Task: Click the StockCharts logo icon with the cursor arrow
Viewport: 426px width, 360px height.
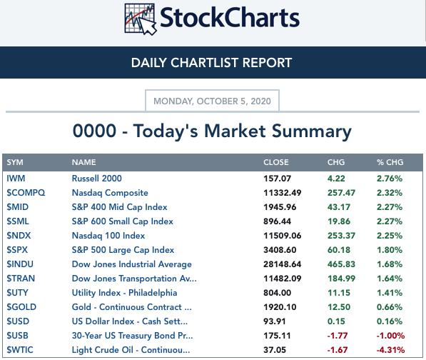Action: pyautogui.click(x=141, y=19)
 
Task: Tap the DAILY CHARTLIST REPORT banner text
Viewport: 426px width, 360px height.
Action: pyautogui.click(x=212, y=63)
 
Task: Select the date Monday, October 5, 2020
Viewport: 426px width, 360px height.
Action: pyautogui.click(x=212, y=101)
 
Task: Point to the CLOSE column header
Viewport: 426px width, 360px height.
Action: pyautogui.click(x=275, y=162)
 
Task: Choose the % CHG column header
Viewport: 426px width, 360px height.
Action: pyautogui.click(x=390, y=162)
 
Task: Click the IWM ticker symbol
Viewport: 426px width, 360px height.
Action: pyautogui.click(x=16, y=179)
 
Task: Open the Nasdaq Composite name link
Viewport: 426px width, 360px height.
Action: pyautogui.click(x=110, y=193)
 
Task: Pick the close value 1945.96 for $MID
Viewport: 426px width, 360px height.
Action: pyautogui.click(x=280, y=207)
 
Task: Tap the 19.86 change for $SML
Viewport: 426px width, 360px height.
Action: pyautogui.click(x=339, y=221)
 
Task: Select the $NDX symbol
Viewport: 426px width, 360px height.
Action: pyautogui.click(x=19, y=236)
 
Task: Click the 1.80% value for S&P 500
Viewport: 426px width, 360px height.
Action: pyautogui.click(x=390, y=250)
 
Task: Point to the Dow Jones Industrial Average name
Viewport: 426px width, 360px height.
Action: pyautogui.click(x=132, y=264)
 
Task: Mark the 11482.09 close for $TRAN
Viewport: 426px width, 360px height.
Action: pyautogui.click(x=283, y=279)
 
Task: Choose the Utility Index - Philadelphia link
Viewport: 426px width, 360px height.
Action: pyautogui.click(x=124, y=293)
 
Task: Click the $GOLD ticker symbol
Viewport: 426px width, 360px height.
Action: pyautogui.click(x=21, y=307)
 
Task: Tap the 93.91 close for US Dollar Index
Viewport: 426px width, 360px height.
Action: pyautogui.click(x=275, y=321)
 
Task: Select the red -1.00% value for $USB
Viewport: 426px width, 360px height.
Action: pyautogui.click(x=390, y=336)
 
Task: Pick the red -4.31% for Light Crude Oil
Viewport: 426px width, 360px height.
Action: pyautogui.click(x=390, y=350)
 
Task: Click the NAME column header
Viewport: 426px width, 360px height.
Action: pyautogui.click(x=83, y=162)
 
